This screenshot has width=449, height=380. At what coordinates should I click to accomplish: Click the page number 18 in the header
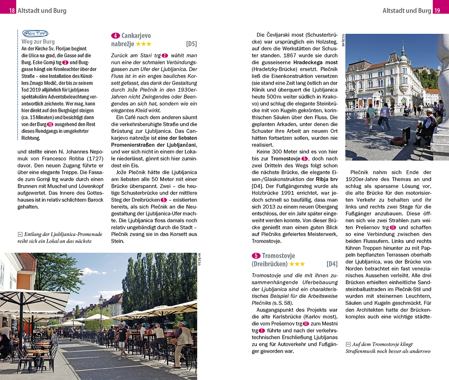[12, 11]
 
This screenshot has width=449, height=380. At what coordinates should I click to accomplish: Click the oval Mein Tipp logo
[35, 33]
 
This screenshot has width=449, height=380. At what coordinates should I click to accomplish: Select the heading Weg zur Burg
[38, 41]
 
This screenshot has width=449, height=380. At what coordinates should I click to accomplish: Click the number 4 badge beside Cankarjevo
[115, 36]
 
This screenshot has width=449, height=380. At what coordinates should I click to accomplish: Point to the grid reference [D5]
[191, 44]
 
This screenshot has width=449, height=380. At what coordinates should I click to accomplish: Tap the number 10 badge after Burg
[50, 124]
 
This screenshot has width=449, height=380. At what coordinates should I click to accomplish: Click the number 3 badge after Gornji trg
[65, 62]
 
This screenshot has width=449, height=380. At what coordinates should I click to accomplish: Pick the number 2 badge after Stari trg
[164, 55]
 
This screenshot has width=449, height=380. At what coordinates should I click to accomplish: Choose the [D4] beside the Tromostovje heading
[332, 264]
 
